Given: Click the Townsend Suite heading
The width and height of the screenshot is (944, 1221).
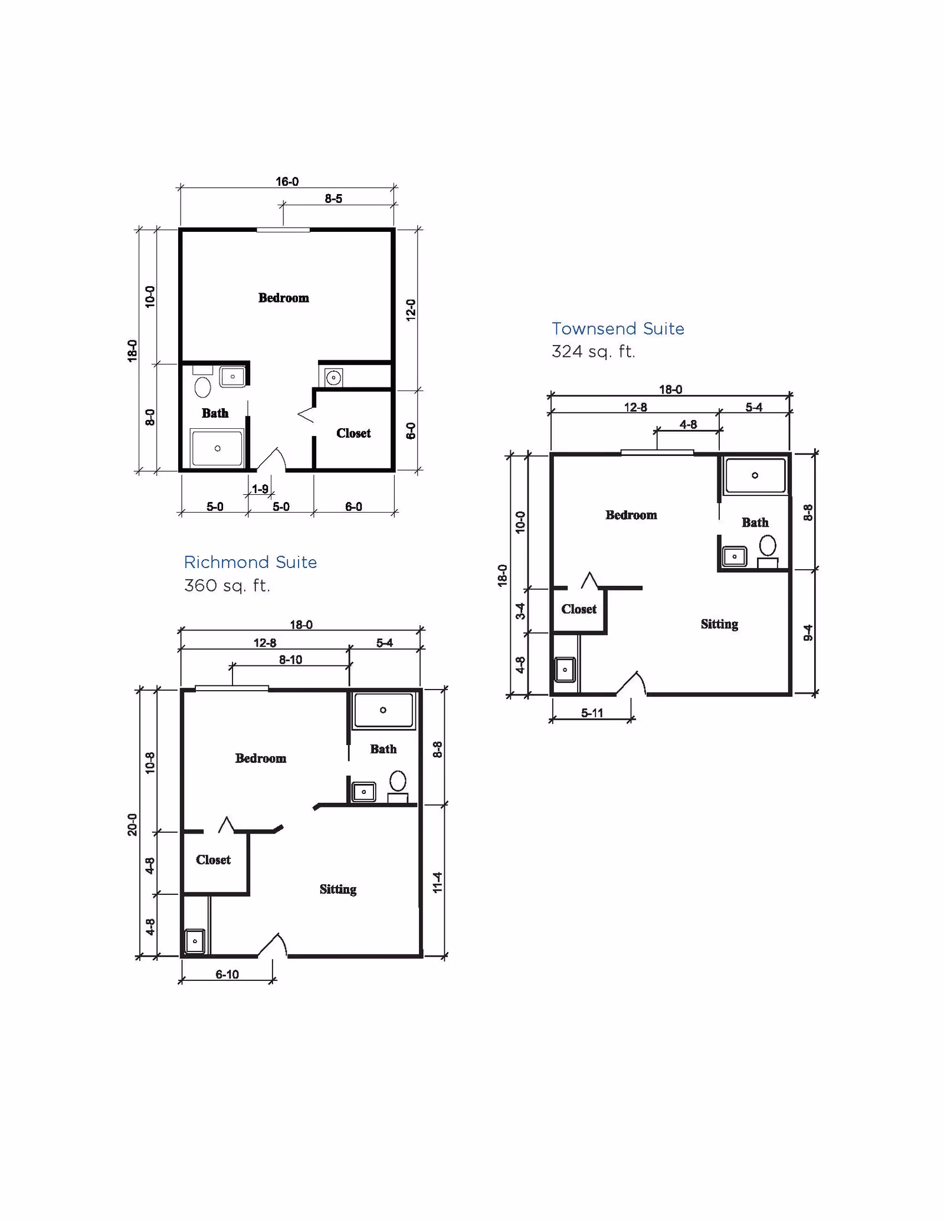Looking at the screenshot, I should (618, 329).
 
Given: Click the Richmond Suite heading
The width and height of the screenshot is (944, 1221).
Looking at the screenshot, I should (250, 562).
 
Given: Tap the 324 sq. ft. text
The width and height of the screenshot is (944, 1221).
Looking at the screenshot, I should (593, 352).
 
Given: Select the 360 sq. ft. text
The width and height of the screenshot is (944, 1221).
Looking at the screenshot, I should (227, 586).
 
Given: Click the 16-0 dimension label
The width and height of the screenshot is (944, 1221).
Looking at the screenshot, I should (287, 182).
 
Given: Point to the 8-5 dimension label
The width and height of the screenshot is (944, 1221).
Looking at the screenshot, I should (333, 199).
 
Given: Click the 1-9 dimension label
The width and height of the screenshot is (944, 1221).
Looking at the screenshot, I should (260, 489).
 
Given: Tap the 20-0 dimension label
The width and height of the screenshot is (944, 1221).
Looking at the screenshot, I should (132, 825).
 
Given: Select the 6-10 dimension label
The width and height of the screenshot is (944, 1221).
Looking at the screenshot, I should (227, 974).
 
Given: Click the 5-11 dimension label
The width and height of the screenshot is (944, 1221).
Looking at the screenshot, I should (592, 713).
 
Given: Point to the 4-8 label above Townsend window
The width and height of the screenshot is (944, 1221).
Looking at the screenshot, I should (688, 425).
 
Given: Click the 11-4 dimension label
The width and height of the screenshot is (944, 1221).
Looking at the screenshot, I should (437, 882).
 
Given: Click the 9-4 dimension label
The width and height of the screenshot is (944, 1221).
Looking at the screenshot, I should (808, 633).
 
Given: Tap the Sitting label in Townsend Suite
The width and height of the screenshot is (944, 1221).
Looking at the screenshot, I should (719, 624).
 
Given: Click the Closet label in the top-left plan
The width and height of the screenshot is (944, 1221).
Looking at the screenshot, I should (353, 433).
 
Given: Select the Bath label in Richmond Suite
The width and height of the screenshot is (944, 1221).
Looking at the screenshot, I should (383, 749).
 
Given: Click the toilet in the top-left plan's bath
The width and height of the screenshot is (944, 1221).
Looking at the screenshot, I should (202, 388).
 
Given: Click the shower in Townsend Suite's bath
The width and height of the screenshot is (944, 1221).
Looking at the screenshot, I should (755, 475).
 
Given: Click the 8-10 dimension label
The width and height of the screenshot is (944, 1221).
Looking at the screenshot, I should (290, 659).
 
